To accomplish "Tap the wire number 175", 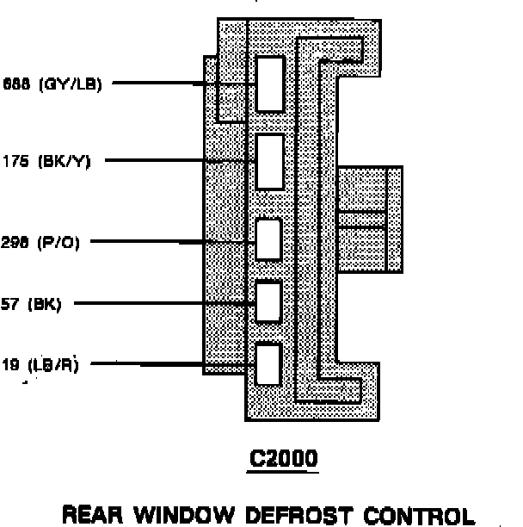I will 16,161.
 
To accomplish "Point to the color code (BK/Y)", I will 64,161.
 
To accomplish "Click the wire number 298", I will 16,243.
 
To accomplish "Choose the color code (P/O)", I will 58,243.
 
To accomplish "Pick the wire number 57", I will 10,304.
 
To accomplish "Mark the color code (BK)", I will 44,304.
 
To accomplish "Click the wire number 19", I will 10,364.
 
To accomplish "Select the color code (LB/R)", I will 53,364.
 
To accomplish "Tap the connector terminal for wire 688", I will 270,84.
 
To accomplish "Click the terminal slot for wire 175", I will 270,161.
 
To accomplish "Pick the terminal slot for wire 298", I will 269,239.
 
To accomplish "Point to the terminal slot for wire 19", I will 269,363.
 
